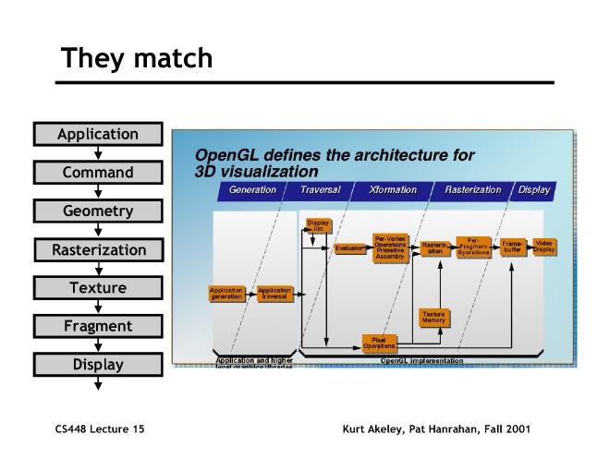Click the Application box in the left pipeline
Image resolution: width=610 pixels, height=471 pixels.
coord(98,134)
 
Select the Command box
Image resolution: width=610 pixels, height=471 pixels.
coord(98,173)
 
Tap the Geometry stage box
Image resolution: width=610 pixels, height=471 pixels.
coord(98,211)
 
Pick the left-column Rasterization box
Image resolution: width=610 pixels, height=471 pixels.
coord(98,249)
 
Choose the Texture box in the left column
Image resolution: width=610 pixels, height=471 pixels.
coord(98,288)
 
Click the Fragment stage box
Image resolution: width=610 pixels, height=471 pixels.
coord(98,326)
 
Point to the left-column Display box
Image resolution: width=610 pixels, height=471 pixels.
coord(98,365)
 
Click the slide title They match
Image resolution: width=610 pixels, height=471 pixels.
coord(137,58)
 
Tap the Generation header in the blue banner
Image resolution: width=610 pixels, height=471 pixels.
coord(252,190)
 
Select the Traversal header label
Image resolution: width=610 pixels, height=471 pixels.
coord(320,190)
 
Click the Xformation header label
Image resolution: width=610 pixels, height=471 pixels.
coord(392,190)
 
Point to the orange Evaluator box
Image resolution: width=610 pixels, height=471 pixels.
coord(350,248)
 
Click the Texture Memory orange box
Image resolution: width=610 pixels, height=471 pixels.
coord(433,317)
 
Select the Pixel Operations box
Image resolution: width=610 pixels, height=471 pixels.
coord(378,343)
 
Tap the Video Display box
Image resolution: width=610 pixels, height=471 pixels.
coord(544,247)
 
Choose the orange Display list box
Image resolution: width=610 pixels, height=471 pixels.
coord(316,225)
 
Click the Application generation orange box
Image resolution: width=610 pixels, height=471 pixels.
coord(226,293)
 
